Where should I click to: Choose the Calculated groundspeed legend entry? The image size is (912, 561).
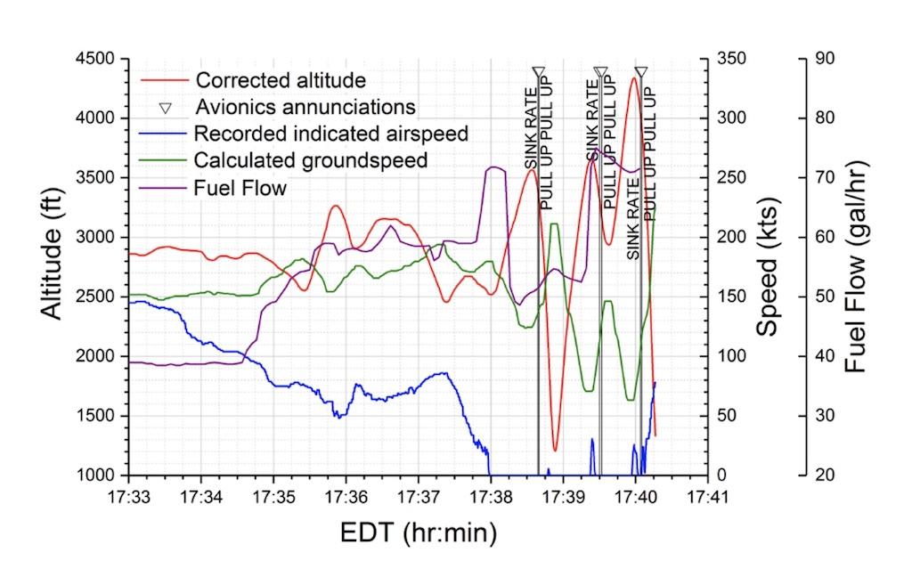pos(311,160)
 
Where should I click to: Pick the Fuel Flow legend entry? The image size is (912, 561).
pos(240,188)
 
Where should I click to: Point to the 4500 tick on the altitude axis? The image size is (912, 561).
pos(102,59)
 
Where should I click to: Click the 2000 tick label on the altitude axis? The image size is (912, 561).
pos(102,356)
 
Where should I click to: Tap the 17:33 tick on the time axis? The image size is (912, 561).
pos(129,491)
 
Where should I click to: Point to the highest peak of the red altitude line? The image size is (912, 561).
pos(633,77)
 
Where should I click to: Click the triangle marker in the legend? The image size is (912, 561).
pos(165,108)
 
